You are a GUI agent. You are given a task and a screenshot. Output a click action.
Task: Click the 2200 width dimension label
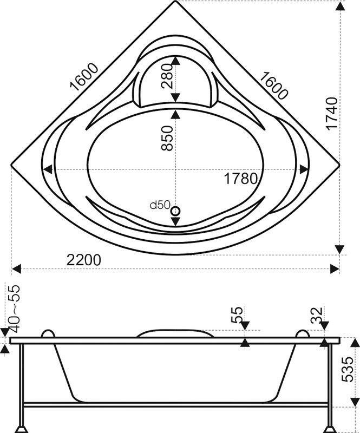click(84, 260)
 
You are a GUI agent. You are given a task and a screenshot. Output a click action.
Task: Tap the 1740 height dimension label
click(331, 113)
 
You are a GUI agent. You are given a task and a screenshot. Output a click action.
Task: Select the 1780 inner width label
click(240, 179)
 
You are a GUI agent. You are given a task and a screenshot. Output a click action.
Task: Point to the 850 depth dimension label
click(167, 138)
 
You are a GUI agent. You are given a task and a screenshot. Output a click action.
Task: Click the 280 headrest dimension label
click(167, 76)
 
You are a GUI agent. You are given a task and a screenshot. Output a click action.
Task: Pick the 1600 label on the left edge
click(84, 77)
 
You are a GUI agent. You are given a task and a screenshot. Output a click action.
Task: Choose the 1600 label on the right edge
click(273, 86)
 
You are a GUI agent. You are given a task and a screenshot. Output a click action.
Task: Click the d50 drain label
click(159, 205)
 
